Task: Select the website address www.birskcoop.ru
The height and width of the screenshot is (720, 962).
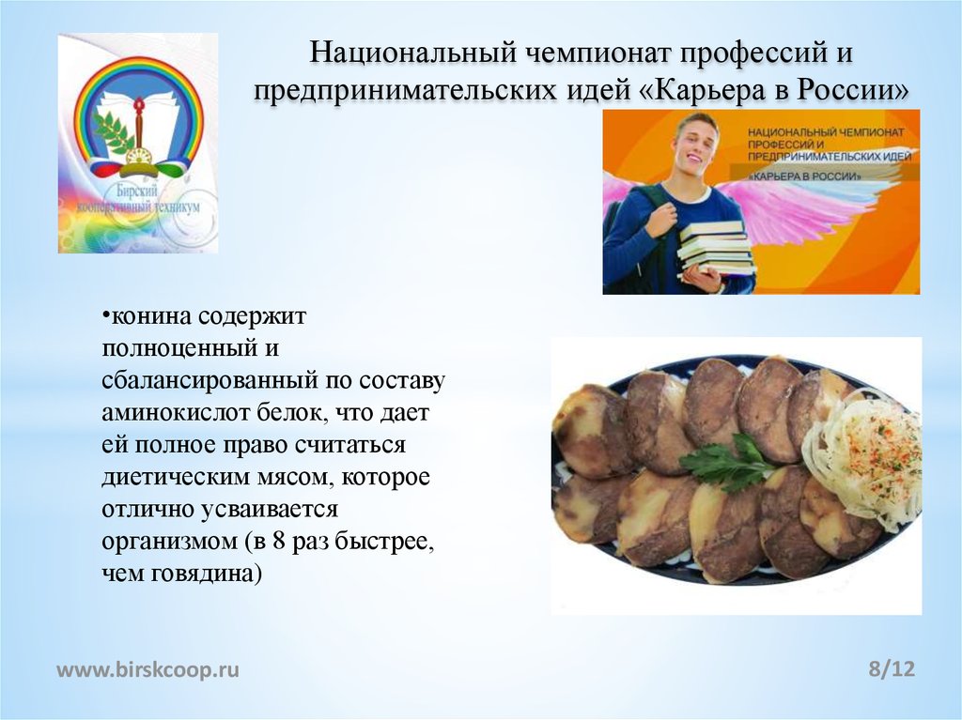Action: (148, 669)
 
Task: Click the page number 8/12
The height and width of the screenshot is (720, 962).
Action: (892, 669)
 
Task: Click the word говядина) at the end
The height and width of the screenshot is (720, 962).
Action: (206, 574)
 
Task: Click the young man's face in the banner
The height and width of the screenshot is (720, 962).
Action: (695, 145)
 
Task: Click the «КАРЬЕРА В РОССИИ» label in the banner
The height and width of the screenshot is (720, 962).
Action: (804, 176)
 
